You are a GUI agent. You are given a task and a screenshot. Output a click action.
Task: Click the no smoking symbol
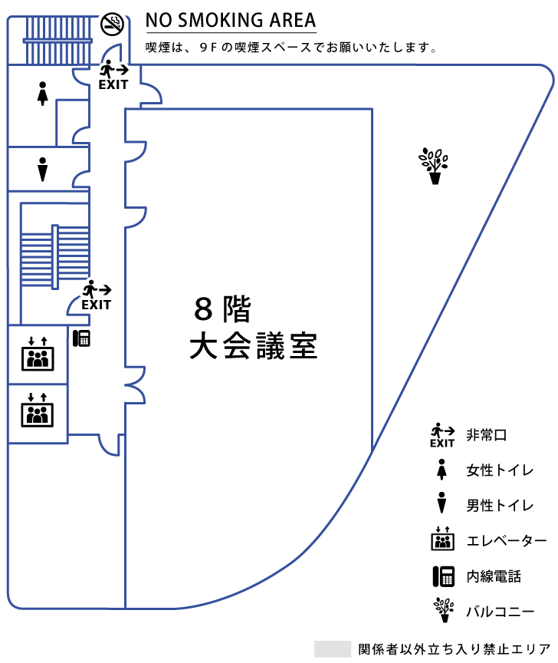pyautogui.click(x=112, y=24)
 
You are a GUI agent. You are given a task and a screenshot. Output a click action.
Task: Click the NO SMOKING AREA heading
pyautogui.click(x=231, y=20)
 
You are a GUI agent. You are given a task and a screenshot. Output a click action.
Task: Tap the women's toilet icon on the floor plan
pyautogui.click(x=43, y=93)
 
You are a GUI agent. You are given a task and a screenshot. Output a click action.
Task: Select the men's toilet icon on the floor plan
pyautogui.click(x=43, y=169)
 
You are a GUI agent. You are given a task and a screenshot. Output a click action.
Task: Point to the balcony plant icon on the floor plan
pyautogui.click(x=434, y=166)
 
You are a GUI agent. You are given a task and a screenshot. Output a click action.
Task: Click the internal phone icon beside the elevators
pyautogui.click(x=82, y=338)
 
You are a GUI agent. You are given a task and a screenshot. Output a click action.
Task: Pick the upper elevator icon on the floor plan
pyautogui.click(x=38, y=354)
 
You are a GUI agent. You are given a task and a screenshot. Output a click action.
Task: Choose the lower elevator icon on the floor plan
pyautogui.click(x=38, y=411)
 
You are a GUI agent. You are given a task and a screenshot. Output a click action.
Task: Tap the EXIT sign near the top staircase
pyautogui.click(x=113, y=75)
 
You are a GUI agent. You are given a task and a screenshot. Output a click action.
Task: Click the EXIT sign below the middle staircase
pyautogui.click(x=97, y=295)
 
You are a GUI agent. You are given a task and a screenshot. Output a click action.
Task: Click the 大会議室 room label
pyautogui.click(x=254, y=347)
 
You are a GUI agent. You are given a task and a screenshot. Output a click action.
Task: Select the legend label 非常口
pyautogui.click(x=487, y=435)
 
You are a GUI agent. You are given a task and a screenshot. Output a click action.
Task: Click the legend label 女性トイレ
pyautogui.click(x=501, y=470)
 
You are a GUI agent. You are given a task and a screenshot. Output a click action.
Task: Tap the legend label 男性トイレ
pyautogui.click(x=501, y=505)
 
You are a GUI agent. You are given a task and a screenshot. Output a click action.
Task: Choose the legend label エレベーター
pyautogui.click(x=507, y=541)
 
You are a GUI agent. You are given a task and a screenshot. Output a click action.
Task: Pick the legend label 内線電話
pyautogui.click(x=494, y=576)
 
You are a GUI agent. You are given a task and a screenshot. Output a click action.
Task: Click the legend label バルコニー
pyautogui.click(x=501, y=612)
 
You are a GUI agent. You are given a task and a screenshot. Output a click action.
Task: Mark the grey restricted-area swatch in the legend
pyautogui.click(x=332, y=648)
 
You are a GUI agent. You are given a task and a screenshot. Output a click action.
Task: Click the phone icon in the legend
pyautogui.click(x=441, y=576)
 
